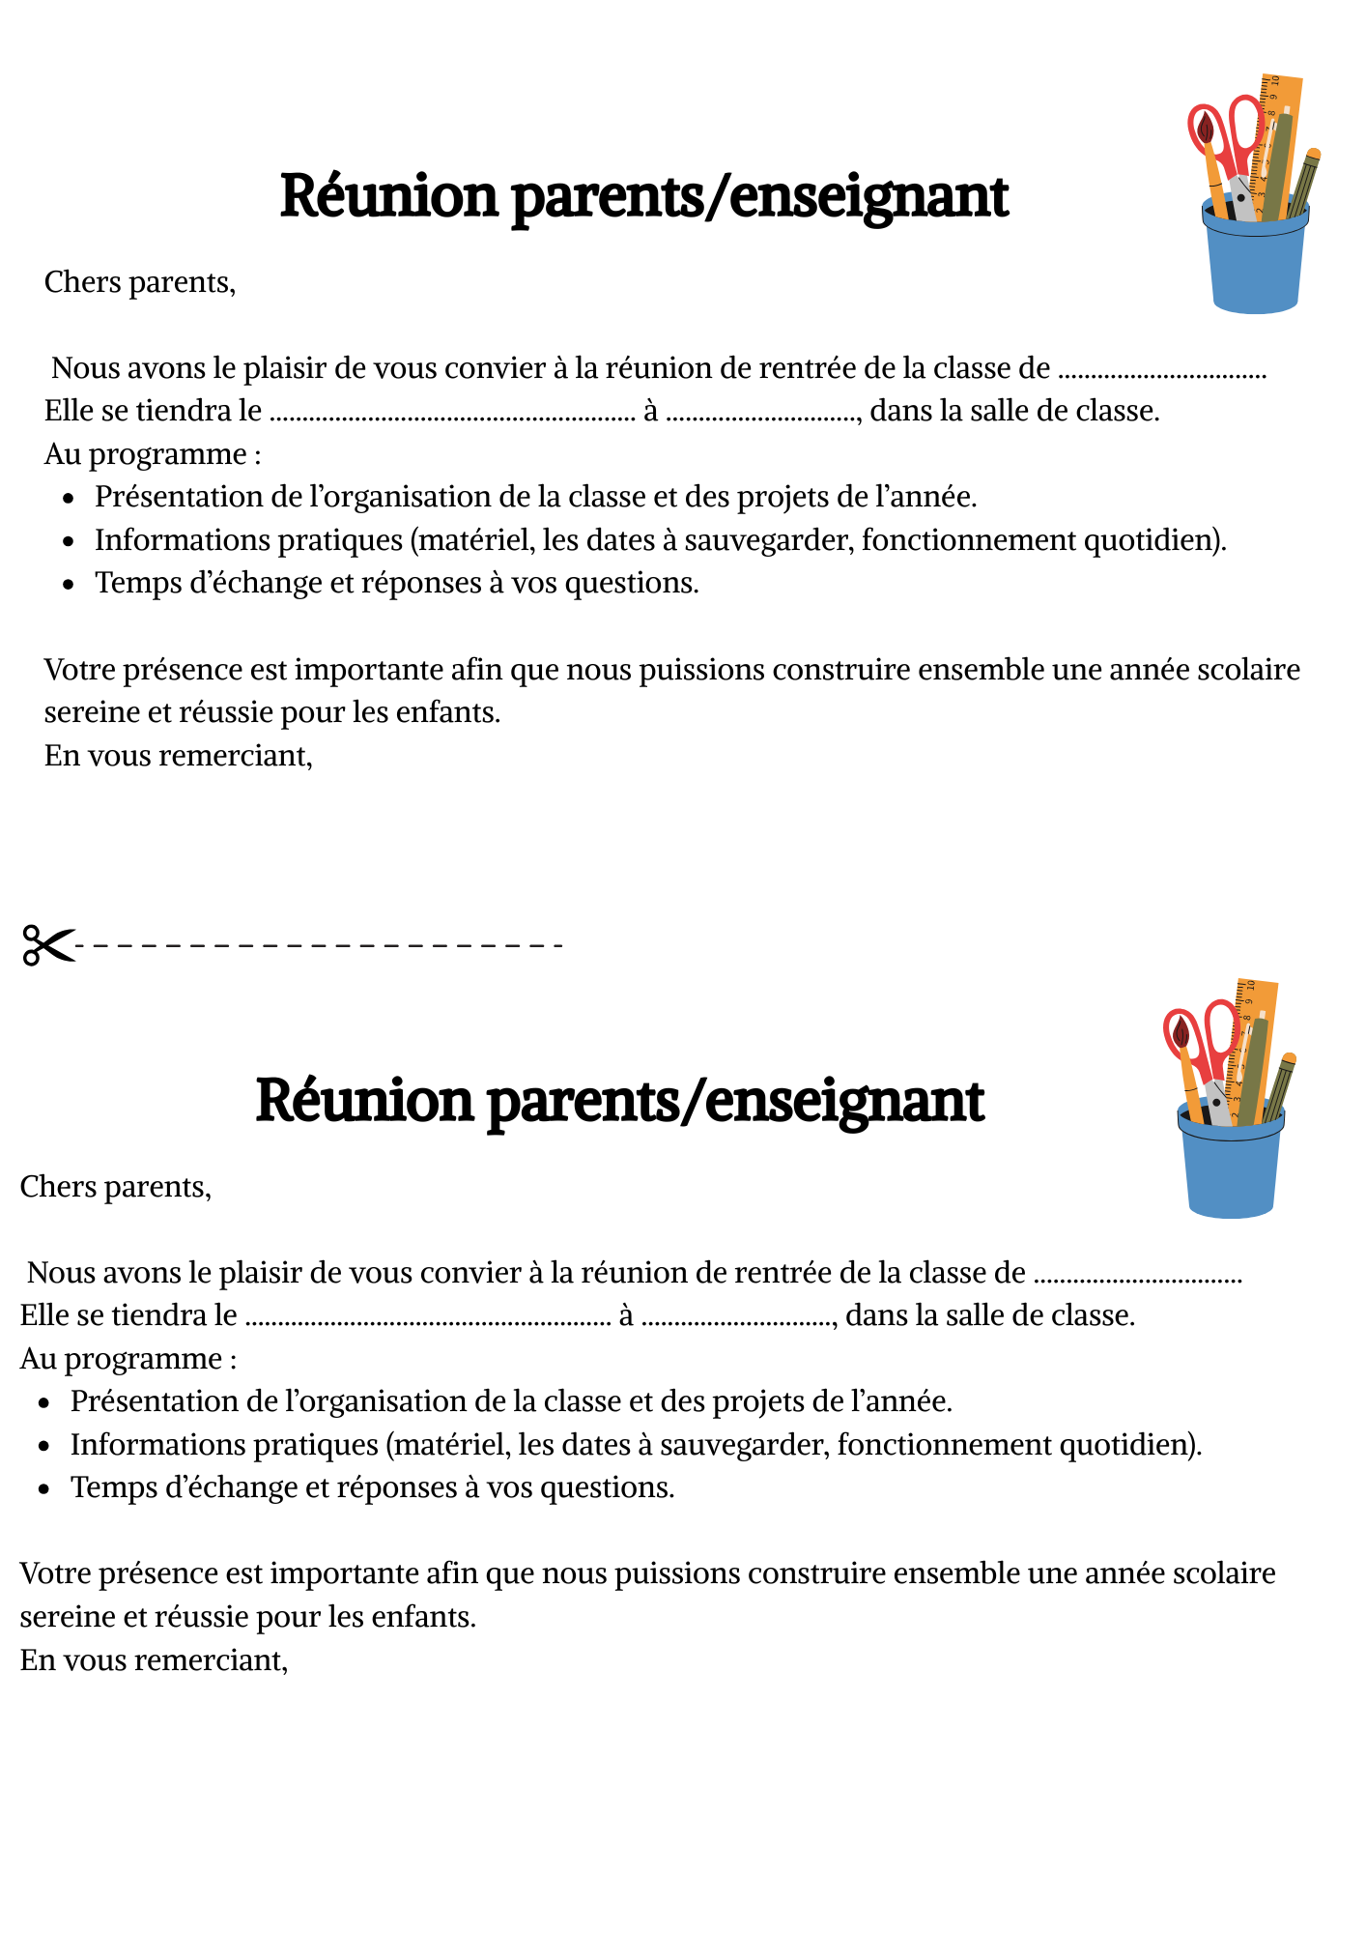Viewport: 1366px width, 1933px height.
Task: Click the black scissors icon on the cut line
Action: point(47,944)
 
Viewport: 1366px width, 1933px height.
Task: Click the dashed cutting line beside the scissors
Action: point(319,945)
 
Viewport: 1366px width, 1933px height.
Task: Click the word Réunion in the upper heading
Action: point(388,196)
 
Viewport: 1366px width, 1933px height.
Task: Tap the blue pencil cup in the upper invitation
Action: point(1255,266)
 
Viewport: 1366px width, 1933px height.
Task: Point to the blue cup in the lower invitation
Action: point(1231,1169)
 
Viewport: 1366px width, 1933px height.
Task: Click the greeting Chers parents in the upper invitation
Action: point(140,282)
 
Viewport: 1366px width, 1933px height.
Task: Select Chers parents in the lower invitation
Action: point(116,1187)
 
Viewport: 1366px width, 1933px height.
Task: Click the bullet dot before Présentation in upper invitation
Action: point(68,499)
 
